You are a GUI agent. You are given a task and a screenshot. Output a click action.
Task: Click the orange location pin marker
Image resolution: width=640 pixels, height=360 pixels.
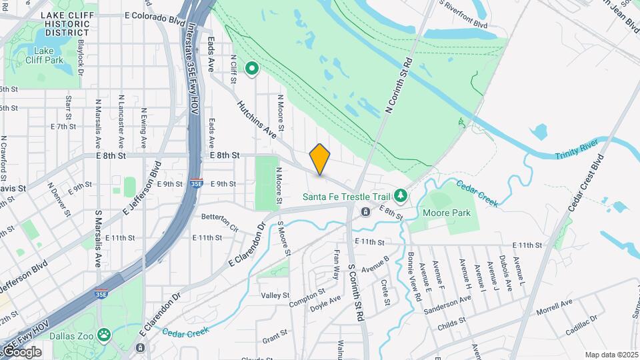[x=320, y=159]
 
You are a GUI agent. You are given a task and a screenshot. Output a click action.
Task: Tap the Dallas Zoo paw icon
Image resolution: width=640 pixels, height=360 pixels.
[x=104, y=334]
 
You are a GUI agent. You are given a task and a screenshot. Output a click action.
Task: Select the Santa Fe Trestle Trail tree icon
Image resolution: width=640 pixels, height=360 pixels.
[x=401, y=195]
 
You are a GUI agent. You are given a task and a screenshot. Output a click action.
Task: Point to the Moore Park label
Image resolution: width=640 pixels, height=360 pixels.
[x=447, y=213]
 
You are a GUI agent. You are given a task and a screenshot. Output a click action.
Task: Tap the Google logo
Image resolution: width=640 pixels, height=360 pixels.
[x=22, y=351]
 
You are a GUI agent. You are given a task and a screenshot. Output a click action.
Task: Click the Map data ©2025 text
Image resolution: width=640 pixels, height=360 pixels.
[x=611, y=355]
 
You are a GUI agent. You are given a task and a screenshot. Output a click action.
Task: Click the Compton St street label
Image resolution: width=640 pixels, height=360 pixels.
[x=307, y=297]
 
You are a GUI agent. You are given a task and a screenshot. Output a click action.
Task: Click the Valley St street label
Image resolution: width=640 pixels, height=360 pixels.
[x=275, y=295]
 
